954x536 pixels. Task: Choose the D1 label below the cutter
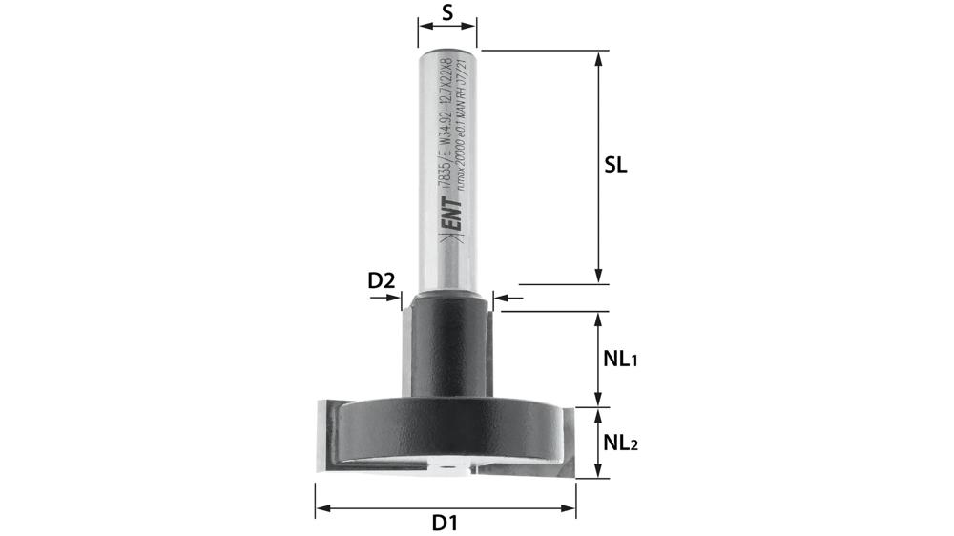pos(446,523)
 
